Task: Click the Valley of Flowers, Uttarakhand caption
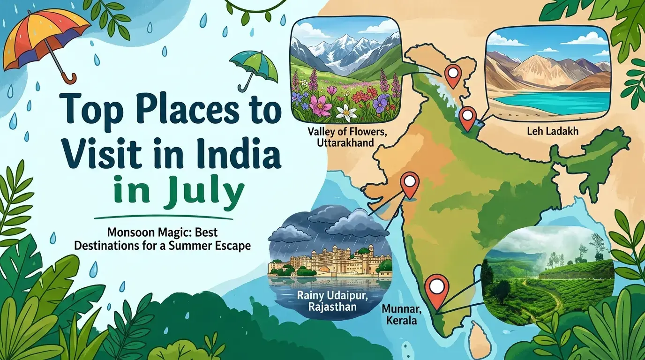click(x=347, y=136)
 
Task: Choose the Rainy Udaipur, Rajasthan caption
click(x=326, y=301)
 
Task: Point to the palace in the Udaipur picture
click(x=323, y=260)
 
